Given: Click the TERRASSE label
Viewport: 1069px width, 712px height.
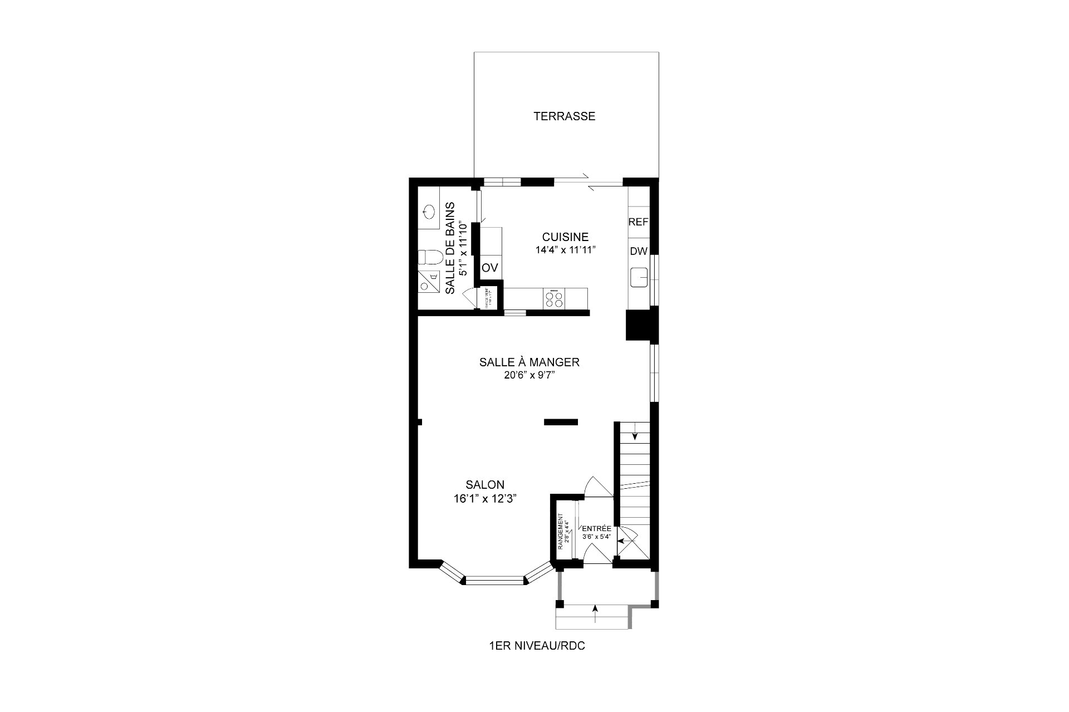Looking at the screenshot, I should [x=564, y=116].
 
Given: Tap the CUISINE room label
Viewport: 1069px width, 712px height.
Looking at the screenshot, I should [x=565, y=237].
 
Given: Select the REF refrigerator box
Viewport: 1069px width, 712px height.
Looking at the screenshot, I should [x=638, y=222].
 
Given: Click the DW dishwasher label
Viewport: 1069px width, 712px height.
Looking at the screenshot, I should [x=638, y=251].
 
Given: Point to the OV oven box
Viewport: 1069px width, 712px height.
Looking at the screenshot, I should [x=489, y=268].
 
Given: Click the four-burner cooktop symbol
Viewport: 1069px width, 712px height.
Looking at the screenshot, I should [x=554, y=299].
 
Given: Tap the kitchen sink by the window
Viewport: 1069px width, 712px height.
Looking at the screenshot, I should [x=639, y=277].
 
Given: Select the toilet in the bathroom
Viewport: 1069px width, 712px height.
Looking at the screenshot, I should [x=430, y=257].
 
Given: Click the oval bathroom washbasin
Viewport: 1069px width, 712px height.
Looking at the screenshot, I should [x=429, y=211].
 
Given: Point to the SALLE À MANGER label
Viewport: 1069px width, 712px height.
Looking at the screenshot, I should [x=529, y=362].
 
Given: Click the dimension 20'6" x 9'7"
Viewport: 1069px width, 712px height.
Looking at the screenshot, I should [x=529, y=376].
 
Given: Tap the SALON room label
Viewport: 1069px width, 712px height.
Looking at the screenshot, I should [x=486, y=485].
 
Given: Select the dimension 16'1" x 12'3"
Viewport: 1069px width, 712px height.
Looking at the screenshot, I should [x=486, y=499].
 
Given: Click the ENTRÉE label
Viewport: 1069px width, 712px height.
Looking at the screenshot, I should [x=596, y=528].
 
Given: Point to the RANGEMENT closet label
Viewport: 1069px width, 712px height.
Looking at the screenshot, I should [x=561, y=532].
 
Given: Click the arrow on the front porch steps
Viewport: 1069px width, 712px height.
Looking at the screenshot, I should [x=595, y=615].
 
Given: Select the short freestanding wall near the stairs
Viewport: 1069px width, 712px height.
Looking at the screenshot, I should [x=561, y=423].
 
